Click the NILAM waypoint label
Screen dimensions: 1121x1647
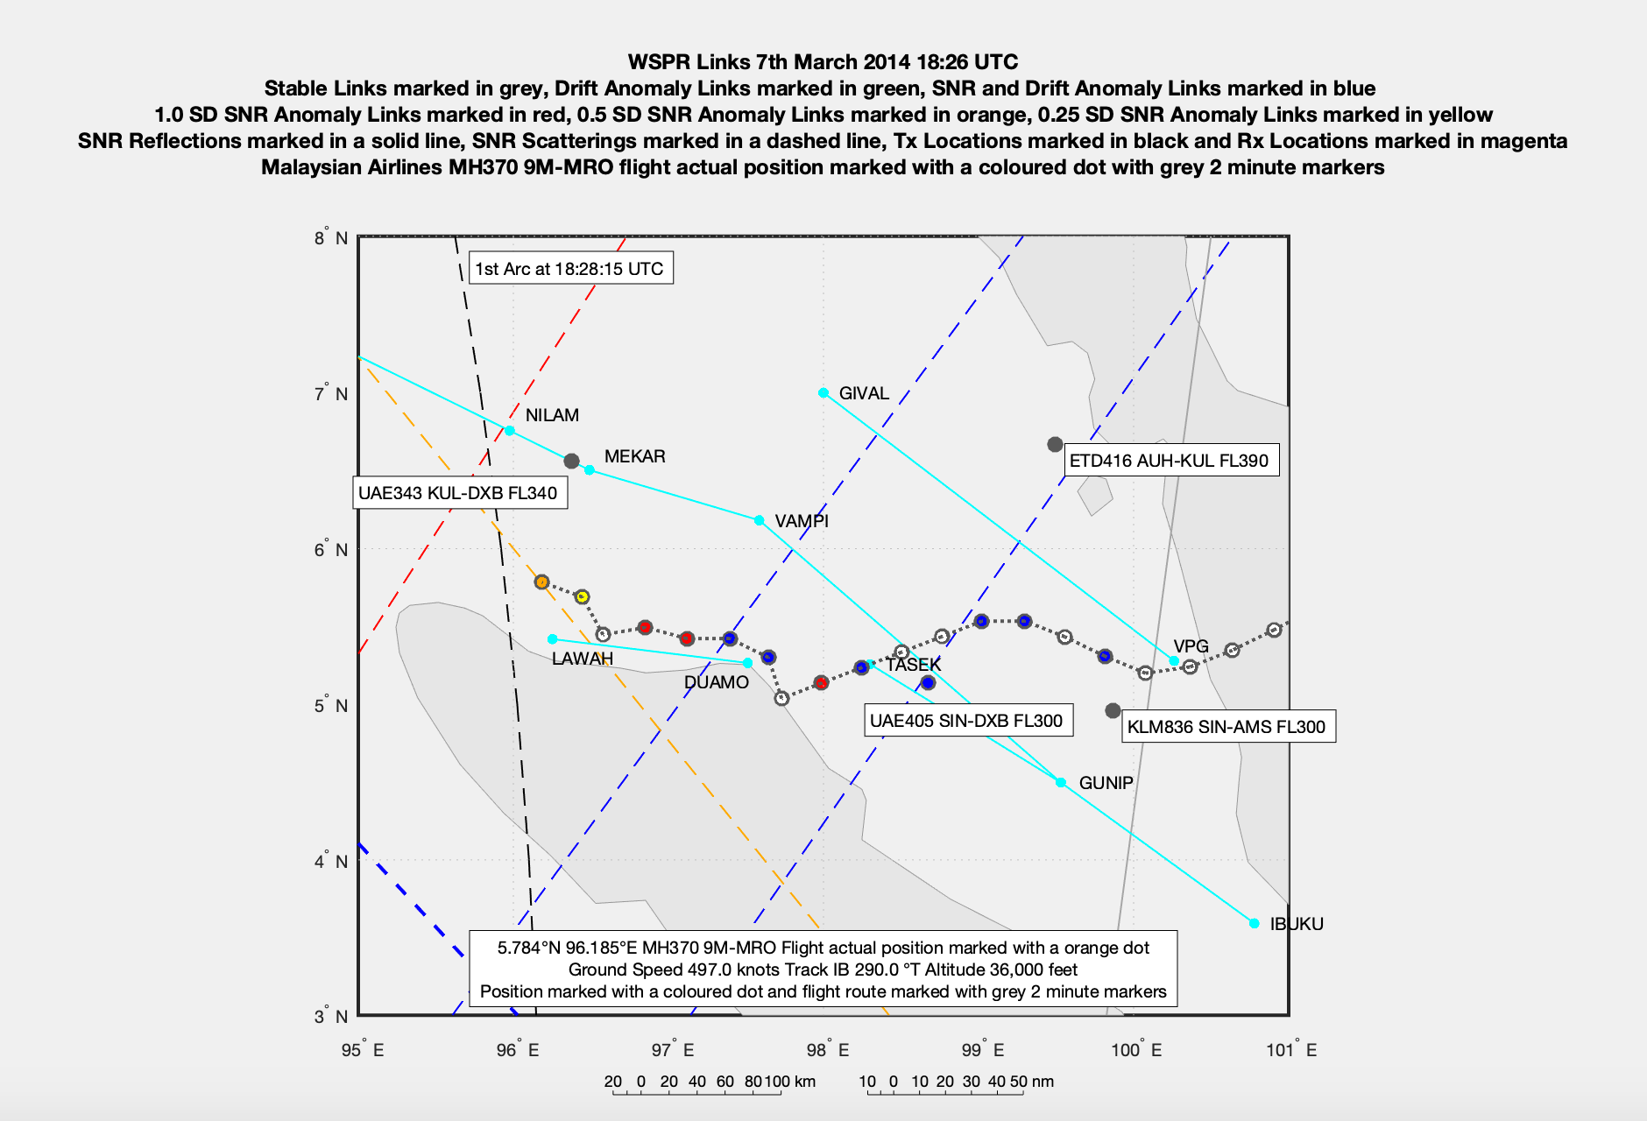pyautogui.click(x=552, y=415)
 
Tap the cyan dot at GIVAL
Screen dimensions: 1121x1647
pyautogui.click(x=823, y=393)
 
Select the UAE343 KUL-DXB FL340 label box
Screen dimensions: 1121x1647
pyautogui.click(x=458, y=493)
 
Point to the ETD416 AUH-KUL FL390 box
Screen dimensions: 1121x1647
pyautogui.click(x=1169, y=461)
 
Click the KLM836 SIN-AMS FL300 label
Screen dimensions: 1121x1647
pyautogui.click(x=1226, y=727)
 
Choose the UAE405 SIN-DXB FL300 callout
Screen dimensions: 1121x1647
pyautogui.click(x=966, y=721)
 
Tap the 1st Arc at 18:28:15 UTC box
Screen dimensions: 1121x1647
pyautogui.click(x=569, y=269)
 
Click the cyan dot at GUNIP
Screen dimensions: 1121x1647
pyautogui.click(x=1061, y=783)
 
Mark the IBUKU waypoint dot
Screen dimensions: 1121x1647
pyautogui.click(x=1255, y=924)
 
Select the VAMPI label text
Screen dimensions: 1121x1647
pyautogui.click(x=802, y=521)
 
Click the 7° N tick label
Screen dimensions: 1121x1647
pyautogui.click(x=330, y=394)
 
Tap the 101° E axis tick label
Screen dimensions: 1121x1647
pyautogui.click(x=1291, y=1050)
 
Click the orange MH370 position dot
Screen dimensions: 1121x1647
pyautogui.click(x=541, y=582)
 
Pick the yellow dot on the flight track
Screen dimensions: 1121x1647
pyautogui.click(x=582, y=596)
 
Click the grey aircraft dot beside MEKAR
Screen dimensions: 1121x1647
pyautogui.click(x=571, y=461)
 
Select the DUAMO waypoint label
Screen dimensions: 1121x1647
pyautogui.click(x=717, y=682)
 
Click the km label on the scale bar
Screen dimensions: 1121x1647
pyautogui.click(x=804, y=1082)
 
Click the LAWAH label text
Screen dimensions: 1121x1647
pyautogui.click(x=583, y=659)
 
